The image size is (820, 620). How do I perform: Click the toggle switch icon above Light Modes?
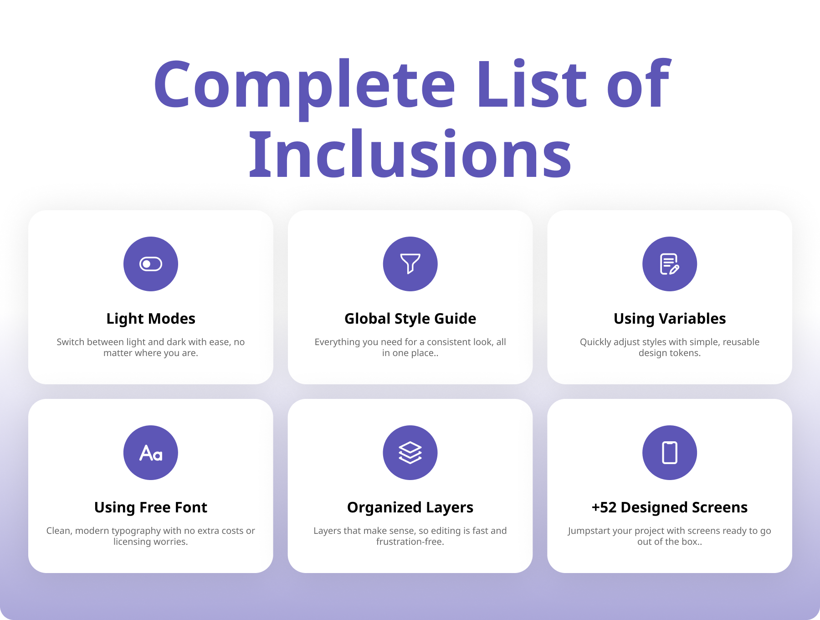point(151,264)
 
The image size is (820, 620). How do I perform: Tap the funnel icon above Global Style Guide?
point(410,263)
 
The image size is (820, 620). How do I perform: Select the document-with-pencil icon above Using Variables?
point(670,264)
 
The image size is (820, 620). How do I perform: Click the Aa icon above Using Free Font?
point(151,453)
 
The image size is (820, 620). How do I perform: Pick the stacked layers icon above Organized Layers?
point(410,453)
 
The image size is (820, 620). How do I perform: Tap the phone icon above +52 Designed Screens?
point(670,453)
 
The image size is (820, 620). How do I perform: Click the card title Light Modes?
point(151,319)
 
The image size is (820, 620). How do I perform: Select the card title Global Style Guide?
point(410,319)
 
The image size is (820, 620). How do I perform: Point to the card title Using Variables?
point(670,319)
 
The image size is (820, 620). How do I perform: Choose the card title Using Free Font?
point(151,507)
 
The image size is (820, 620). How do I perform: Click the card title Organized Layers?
point(410,507)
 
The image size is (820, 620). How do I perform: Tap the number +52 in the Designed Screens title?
point(604,507)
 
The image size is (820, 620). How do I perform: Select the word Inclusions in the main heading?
point(410,154)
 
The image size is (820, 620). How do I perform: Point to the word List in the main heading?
point(531,85)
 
